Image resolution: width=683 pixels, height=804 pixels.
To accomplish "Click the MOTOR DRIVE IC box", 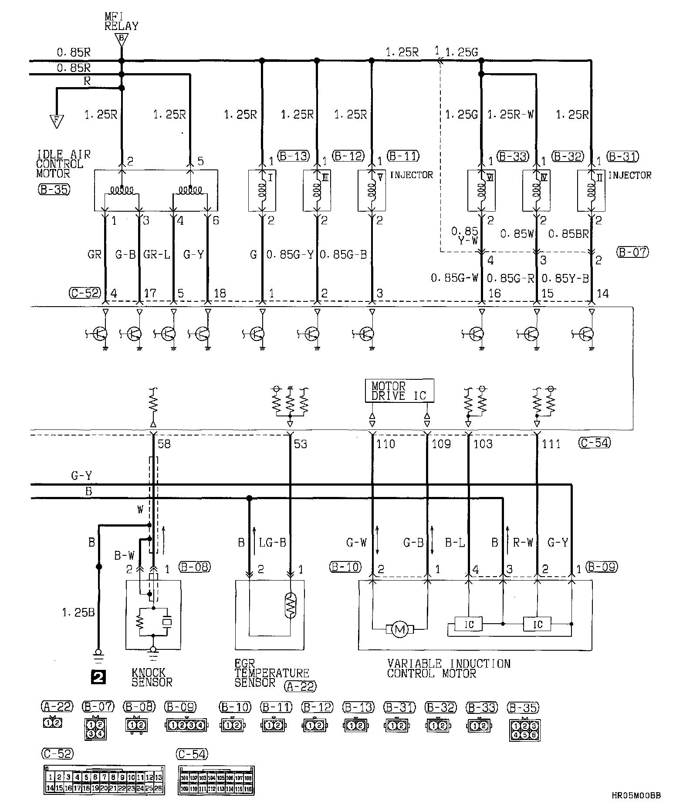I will pyautogui.click(x=399, y=391).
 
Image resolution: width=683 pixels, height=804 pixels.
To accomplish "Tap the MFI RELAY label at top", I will pyautogui.click(x=121, y=21).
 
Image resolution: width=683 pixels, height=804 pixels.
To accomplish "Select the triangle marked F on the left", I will pyautogui.click(x=56, y=121).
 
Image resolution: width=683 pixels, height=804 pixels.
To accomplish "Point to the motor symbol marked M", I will pyautogui.click(x=399, y=628).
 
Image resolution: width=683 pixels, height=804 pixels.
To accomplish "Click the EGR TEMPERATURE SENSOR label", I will pyautogui.click(x=271, y=673).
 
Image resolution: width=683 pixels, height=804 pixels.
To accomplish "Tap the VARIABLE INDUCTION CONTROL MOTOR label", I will pyautogui.click(x=448, y=669).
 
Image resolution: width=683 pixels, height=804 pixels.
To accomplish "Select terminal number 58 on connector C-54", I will pyautogui.click(x=163, y=443).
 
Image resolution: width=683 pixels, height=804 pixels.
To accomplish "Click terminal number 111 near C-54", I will pyautogui.click(x=551, y=444).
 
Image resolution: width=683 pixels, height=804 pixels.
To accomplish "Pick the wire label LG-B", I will pyautogui.click(x=272, y=543).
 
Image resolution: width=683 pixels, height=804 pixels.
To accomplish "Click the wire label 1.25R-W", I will pyautogui.click(x=511, y=115).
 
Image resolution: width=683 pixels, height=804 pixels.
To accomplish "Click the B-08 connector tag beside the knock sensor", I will pyautogui.click(x=194, y=567).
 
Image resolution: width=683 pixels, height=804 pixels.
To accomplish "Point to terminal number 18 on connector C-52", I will pyautogui.click(x=220, y=293).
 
